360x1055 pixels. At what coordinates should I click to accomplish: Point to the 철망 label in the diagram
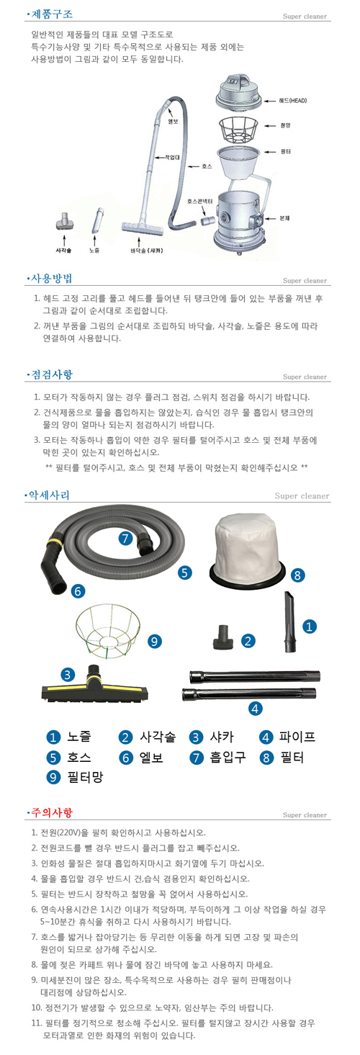point(286,125)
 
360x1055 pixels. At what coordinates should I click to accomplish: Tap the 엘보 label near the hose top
point(173,121)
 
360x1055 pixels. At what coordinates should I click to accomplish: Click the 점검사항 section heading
point(52,374)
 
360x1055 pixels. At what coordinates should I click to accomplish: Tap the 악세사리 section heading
point(52,495)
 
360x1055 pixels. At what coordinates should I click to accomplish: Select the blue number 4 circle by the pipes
point(255,709)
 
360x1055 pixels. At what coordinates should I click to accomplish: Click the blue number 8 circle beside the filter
point(297,575)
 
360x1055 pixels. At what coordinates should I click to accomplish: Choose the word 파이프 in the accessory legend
point(297,737)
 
